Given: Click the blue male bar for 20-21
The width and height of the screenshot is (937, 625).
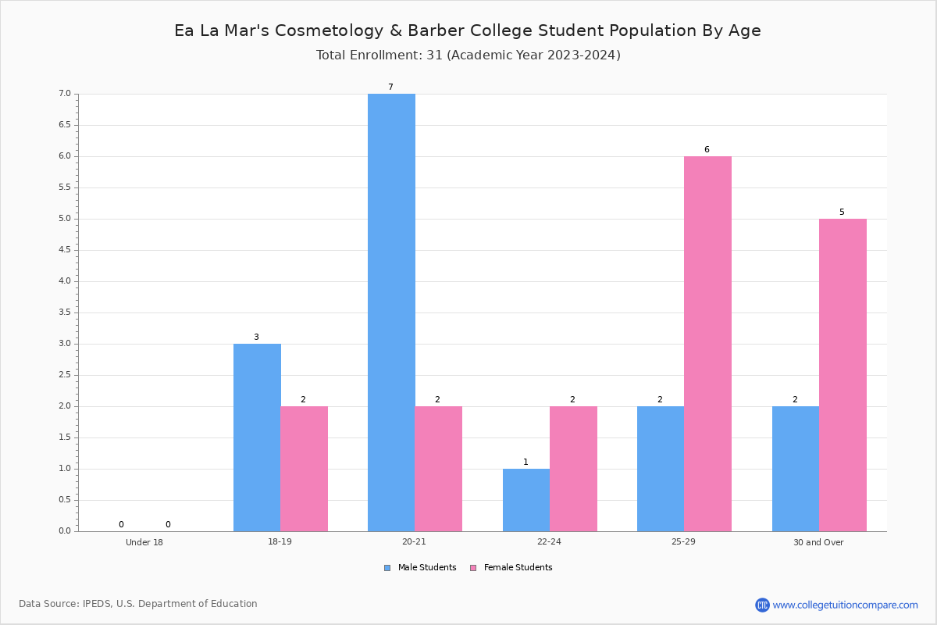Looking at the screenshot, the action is click(391, 312).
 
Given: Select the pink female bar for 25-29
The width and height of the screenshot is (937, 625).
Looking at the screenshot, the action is click(707, 344).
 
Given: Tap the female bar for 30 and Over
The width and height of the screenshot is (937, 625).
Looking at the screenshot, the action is click(843, 375).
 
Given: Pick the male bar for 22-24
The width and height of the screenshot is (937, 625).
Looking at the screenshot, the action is click(526, 500).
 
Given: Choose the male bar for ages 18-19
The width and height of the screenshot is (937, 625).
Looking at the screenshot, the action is click(257, 437).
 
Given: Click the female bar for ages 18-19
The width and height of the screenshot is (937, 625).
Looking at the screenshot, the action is click(304, 469).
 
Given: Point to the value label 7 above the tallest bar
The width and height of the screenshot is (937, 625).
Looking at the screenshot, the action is click(390, 87).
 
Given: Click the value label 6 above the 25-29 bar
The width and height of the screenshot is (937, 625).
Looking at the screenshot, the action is click(707, 149).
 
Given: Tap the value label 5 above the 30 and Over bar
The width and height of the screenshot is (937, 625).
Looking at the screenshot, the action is click(842, 212).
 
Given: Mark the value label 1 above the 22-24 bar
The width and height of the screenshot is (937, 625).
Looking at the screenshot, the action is click(526, 462).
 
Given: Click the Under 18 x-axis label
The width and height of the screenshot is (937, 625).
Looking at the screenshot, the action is click(144, 542).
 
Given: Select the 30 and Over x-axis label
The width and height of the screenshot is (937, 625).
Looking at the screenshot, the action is click(818, 542).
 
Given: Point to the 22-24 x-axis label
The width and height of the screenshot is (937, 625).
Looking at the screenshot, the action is click(549, 541).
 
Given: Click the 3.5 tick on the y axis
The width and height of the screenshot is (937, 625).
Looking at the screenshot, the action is click(65, 312).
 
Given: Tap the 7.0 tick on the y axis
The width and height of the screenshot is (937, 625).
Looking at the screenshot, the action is click(65, 93).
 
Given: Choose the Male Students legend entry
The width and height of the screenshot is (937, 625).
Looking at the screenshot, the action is click(420, 568).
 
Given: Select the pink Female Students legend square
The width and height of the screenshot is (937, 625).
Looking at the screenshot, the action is click(473, 568).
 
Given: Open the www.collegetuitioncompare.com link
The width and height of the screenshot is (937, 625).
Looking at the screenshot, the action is click(845, 605).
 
